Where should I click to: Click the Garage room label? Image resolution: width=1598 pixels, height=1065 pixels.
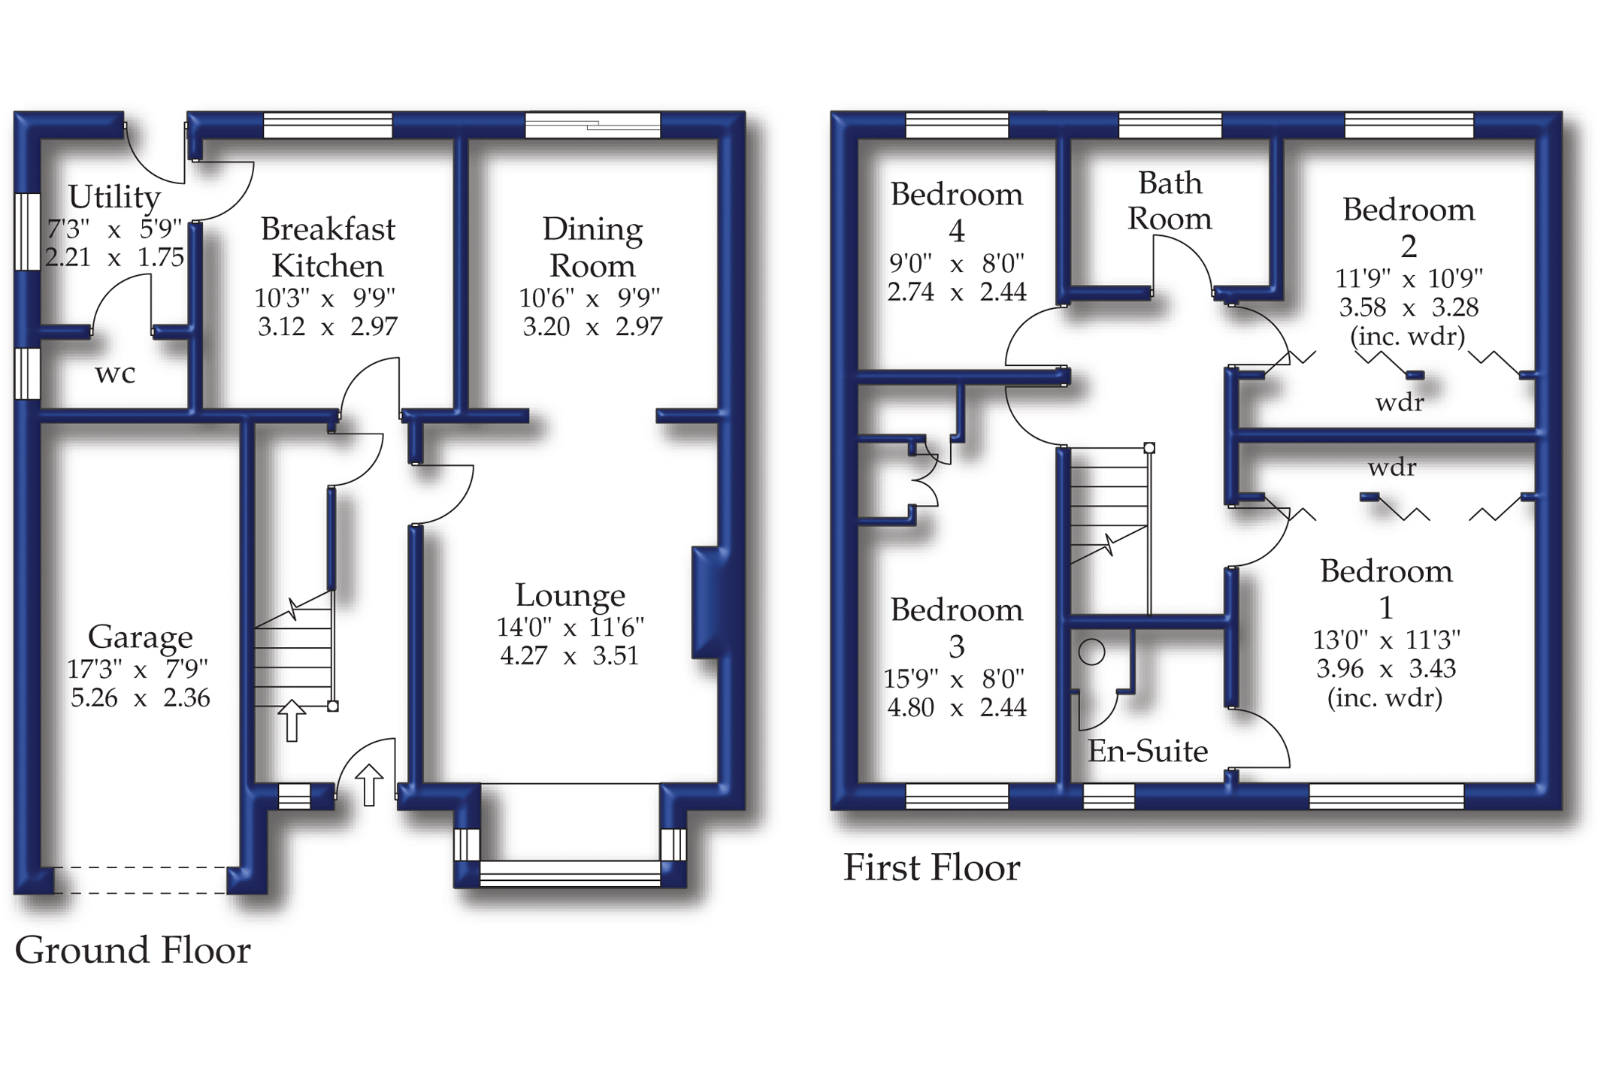tap(141, 637)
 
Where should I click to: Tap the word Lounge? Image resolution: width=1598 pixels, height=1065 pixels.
tap(570, 595)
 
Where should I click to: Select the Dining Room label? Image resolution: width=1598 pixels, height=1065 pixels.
tap(592, 247)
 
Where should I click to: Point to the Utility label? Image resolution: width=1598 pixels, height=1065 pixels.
tap(114, 197)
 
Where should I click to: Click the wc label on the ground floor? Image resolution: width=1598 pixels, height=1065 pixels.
tap(115, 374)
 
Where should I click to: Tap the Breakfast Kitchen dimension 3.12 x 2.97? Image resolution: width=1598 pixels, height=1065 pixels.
tap(328, 326)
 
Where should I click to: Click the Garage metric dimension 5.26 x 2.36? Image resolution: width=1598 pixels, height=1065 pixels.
tap(141, 697)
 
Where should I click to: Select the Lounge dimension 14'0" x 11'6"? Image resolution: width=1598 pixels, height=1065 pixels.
tap(570, 627)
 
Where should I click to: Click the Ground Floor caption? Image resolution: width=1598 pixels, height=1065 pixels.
tap(132, 950)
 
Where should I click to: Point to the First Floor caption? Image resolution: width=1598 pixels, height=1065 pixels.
tap(931, 867)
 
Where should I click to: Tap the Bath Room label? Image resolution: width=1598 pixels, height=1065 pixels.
tap(1170, 201)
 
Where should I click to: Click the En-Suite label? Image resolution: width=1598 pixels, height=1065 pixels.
tap(1148, 751)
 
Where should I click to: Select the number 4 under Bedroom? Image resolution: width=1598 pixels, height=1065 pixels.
tap(956, 231)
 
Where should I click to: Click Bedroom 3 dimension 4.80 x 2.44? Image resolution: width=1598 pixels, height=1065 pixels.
tap(956, 707)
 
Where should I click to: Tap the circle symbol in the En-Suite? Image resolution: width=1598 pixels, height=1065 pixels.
tap(1091, 652)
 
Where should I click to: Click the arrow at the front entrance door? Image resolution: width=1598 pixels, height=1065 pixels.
tap(368, 785)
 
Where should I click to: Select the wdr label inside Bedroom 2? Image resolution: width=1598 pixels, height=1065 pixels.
tap(1399, 403)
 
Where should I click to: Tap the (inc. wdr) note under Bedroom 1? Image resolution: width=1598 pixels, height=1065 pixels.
tap(1385, 698)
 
